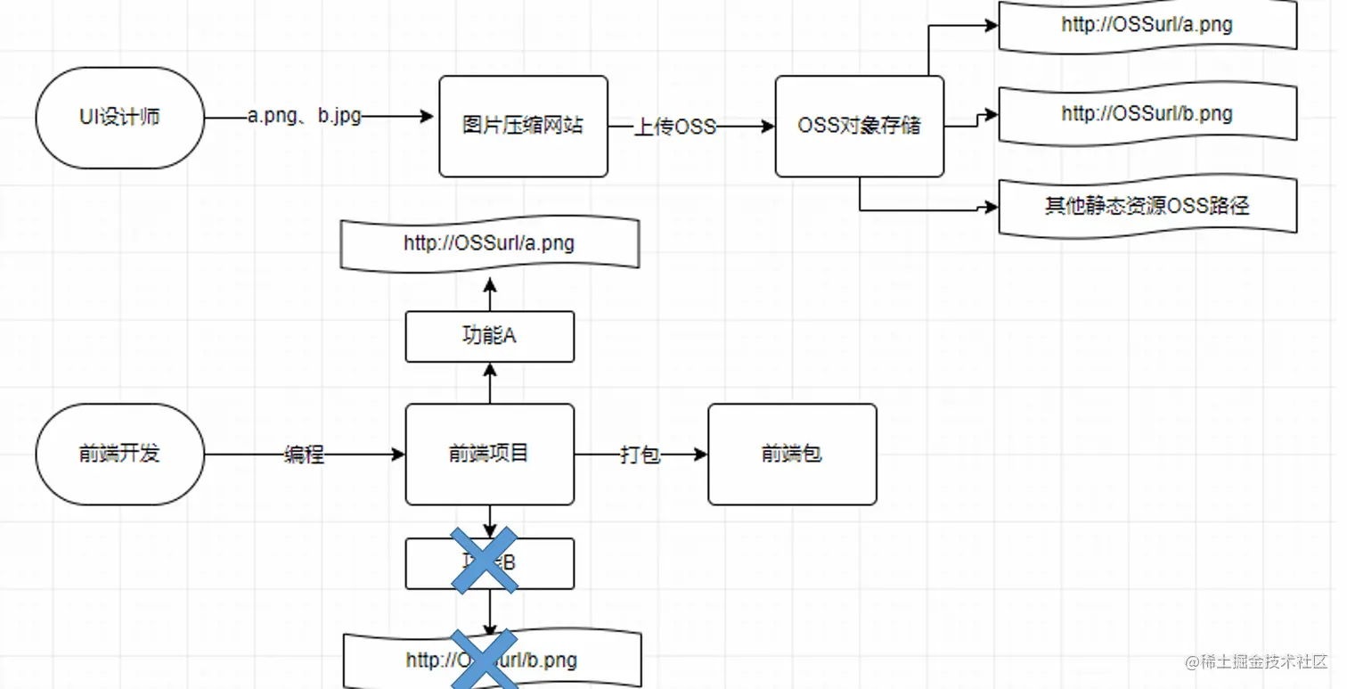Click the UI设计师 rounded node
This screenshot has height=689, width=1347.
pyautogui.click(x=119, y=118)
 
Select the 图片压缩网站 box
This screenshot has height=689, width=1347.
pyautogui.click(x=523, y=126)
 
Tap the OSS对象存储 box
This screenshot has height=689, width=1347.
pyautogui.click(x=859, y=126)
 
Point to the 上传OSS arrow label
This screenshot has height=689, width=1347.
pyautogui.click(x=674, y=127)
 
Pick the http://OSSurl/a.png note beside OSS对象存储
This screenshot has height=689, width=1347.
pyautogui.click(x=1147, y=25)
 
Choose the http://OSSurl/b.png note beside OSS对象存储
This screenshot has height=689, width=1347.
pyautogui.click(x=1147, y=114)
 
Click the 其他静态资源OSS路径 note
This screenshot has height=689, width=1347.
pyautogui.click(x=1147, y=206)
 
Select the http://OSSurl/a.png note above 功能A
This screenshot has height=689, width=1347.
pyautogui.click(x=489, y=242)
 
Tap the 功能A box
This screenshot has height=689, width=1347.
pyautogui.click(x=489, y=336)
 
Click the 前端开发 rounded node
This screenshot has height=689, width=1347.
pyautogui.click(x=119, y=454)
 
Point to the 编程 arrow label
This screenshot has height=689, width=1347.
pyautogui.click(x=304, y=455)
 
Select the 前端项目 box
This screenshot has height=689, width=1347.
pyautogui.click(x=489, y=454)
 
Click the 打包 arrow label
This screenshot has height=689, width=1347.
pyautogui.click(x=640, y=455)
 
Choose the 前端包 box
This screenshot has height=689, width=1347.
pyautogui.click(x=792, y=454)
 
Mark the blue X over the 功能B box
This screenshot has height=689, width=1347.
pyautogui.click(x=484, y=561)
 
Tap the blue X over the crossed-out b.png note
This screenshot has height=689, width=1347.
pyautogui.click(x=484, y=660)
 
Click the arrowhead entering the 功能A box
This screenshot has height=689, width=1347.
pyautogui.click(x=489, y=368)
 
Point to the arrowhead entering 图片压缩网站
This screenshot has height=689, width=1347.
pyautogui.click(x=427, y=116)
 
